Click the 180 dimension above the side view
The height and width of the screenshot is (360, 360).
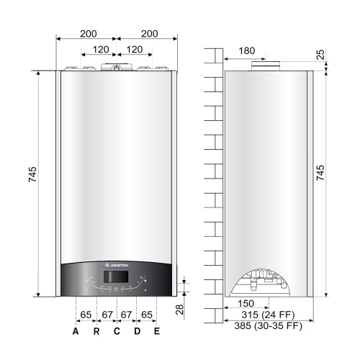(247, 50)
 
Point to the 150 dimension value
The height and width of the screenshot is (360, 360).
(247, 304)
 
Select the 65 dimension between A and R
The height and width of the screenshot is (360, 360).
(86, 315)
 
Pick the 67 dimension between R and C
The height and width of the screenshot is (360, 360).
(107, 315)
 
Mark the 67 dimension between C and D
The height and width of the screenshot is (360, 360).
(127, 315)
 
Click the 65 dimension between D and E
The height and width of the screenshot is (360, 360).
(147, 315)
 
